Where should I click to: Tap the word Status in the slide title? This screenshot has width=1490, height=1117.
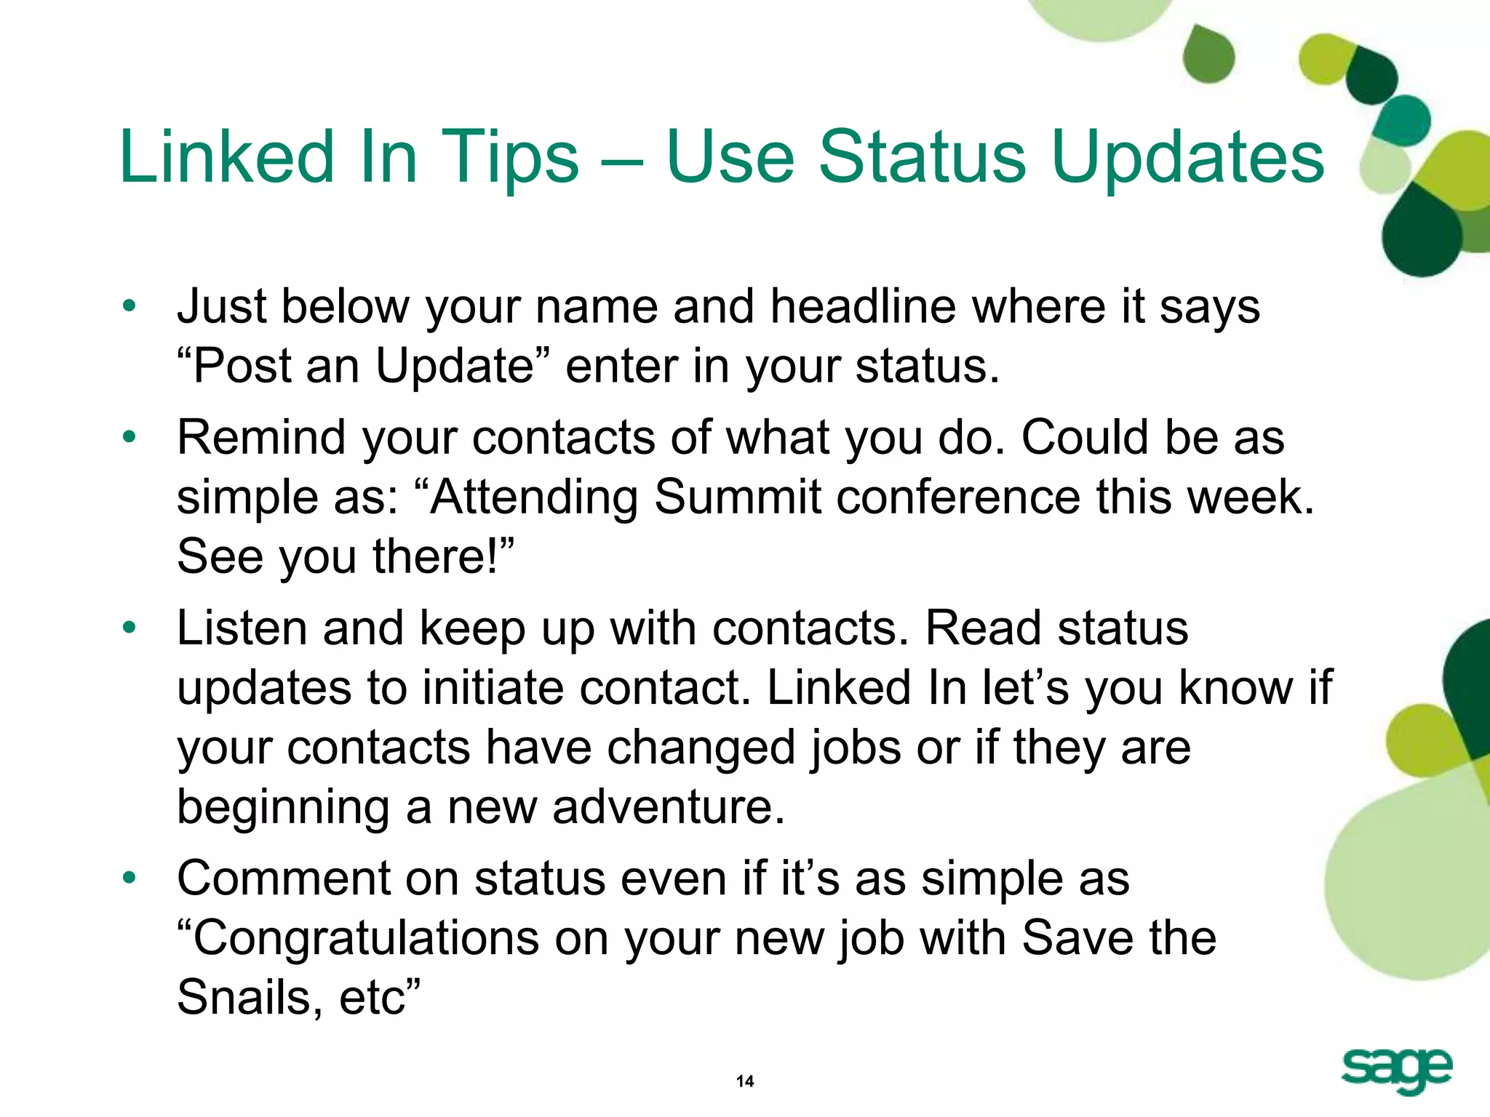point(921,157)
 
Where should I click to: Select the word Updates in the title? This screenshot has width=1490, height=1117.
point(1187,157)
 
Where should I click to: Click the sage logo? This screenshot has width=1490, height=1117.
point(1396,1071)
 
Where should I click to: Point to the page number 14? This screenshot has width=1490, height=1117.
point(745,1081)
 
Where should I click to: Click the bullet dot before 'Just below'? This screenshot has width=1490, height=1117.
point(130,305)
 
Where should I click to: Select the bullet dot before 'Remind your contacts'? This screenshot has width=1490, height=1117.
point(130,437)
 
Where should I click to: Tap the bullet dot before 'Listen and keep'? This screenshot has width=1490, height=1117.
point(130,628)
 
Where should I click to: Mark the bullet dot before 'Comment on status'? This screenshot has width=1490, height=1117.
point(130,878)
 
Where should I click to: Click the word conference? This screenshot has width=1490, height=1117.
point(958,497)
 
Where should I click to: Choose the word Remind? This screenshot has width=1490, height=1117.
point(260,438)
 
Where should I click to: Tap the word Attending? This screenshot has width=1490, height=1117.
point(533,497)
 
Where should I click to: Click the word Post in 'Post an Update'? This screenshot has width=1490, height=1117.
point(241,366)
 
